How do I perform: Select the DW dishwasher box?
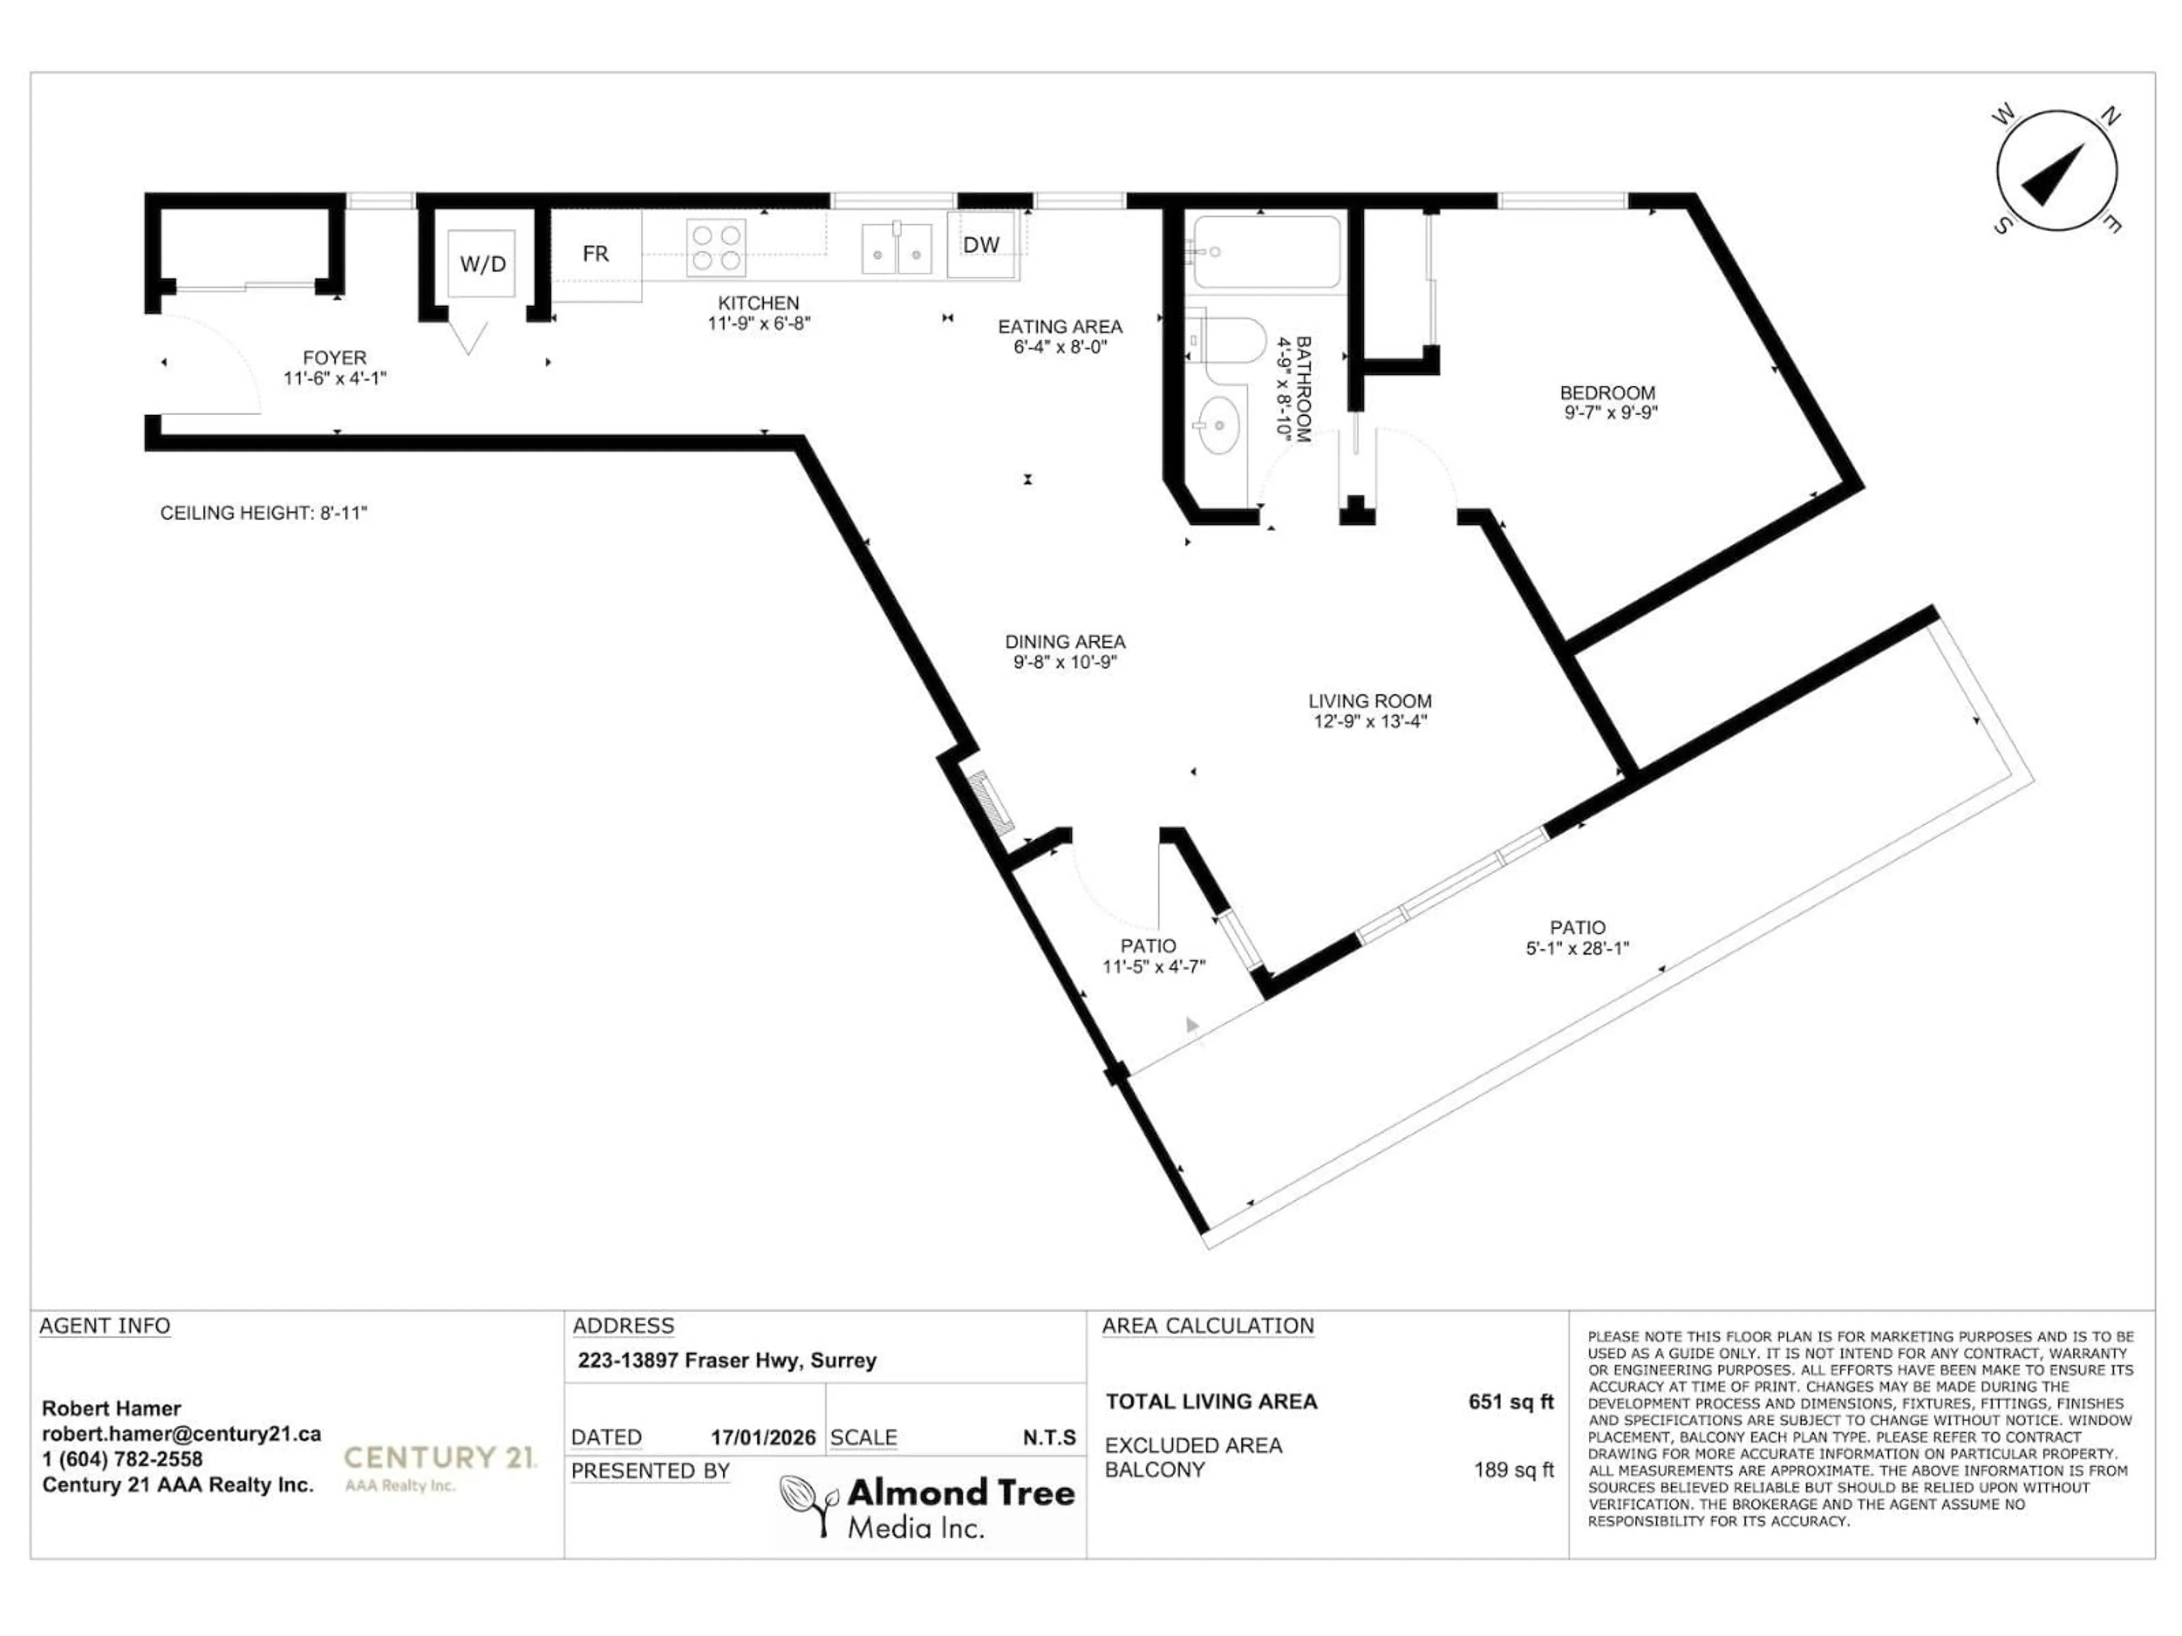981,245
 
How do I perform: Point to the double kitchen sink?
896,248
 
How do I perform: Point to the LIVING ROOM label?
1369,701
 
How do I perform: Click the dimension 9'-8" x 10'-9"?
1064,663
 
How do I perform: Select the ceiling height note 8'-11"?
264,513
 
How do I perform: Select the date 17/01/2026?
763,1438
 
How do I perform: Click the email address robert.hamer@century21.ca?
181,1434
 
